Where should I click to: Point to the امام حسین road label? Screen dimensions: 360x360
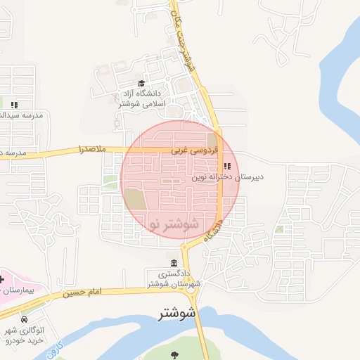pyautogui.click(x=82, y=292)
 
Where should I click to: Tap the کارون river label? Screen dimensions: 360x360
pyautogui.click(x=60, y=348)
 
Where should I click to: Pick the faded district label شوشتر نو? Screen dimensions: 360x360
pyautogui.click(x=174, y=224)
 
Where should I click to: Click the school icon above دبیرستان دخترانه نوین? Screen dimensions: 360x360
pyautogui.click(x=226, y=166)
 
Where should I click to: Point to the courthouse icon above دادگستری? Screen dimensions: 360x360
pyautogui.click(x=174, y=263)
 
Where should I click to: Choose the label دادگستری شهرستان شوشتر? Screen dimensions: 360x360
pyautogui.click(x=174, y=279)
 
